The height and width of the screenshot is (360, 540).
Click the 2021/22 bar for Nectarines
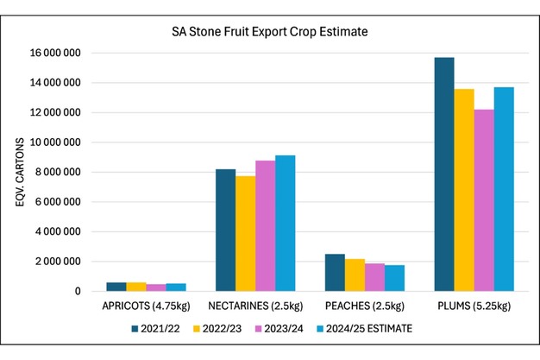[x=226, y=230]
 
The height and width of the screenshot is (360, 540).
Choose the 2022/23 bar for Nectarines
[x=246, y=233]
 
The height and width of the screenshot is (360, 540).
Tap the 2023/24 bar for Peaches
[x=374, y=277]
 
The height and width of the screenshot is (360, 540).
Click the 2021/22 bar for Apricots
[x=116, y=287]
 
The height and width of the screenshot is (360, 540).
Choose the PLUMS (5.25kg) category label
[x=474, y=306]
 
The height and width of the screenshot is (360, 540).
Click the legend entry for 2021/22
[x=158, y=328]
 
